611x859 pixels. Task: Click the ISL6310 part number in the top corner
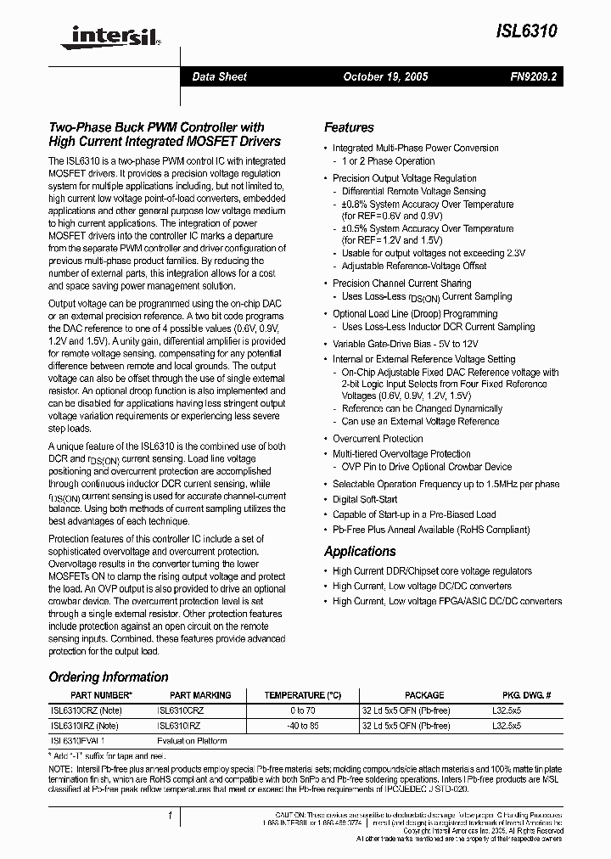click(526, 31)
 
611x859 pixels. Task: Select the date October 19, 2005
click(385, 76)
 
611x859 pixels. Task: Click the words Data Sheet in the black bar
click(219, 76)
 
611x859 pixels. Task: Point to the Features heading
click(349, 127)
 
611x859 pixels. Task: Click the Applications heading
click(360, 552)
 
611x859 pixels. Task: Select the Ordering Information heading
click(109, 677)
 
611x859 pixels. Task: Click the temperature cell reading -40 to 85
click(302, 726)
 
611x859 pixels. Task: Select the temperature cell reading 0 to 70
click(302, 710)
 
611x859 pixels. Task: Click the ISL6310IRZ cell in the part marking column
click(181, 726)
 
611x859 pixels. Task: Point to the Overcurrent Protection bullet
click(378, 439)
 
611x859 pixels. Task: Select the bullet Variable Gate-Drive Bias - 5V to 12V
click(405, 344)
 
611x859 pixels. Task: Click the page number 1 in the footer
click(171, 817)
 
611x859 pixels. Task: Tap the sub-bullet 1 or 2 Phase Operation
click(388, 160)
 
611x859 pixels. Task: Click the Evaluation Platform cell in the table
click(192, 741)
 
